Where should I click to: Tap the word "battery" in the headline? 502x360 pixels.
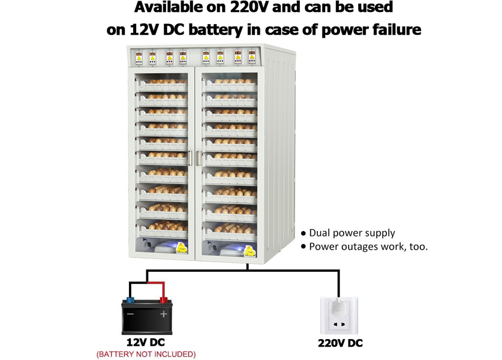pyautogui.click(x=216, y=30)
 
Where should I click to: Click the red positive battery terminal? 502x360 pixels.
pyautogui.click(x=163, y=300)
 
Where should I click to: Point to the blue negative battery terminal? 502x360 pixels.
pyautogui.click(x=130, y=300)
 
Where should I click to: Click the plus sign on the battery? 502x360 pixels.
pyautogui.click(x=164, y=314)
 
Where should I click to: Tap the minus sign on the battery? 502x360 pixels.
pyautogui.click(x=130, y=314)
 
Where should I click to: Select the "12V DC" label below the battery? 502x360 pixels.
pyautogui.click(x=146, y=343)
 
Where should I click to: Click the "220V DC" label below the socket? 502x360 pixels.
pyautogui.click(x=340, y=343)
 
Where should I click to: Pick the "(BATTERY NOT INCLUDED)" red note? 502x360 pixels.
pyautogui.click(x=146, y=354)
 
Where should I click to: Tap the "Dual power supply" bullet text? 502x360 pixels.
pyautogui.click(x=352, y=233)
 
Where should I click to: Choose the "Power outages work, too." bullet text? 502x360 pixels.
pyautogui.click(x=368, y=247)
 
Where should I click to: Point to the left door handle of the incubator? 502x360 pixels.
pyautogui.click(x=190, y=158)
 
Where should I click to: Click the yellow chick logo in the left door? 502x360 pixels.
pyautogui.click(x=182, y=248)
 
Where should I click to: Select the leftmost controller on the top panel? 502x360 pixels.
pyautogui.click(x=139, y=58)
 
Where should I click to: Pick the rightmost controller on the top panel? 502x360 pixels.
pyautogui.click(x=252, y=56)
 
